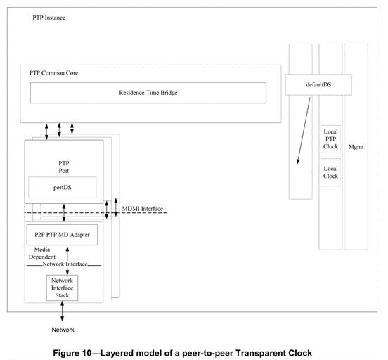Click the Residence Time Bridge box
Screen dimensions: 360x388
pyautogui.click(x=148, y=92)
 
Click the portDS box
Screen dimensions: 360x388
pyautogui.click(x=63, y=187)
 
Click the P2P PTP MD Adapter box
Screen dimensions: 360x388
pyautogui.click(x=62, y=234)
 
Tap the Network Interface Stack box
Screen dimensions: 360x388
pyautogui.click(x=65, y=287)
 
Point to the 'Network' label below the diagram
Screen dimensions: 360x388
pyautogui.click(x=62, y=330)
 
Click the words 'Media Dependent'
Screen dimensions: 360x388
pyautogui.click(x=42, y=253)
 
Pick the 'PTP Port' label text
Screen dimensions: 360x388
pyautogui.click(x=63, y=165)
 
